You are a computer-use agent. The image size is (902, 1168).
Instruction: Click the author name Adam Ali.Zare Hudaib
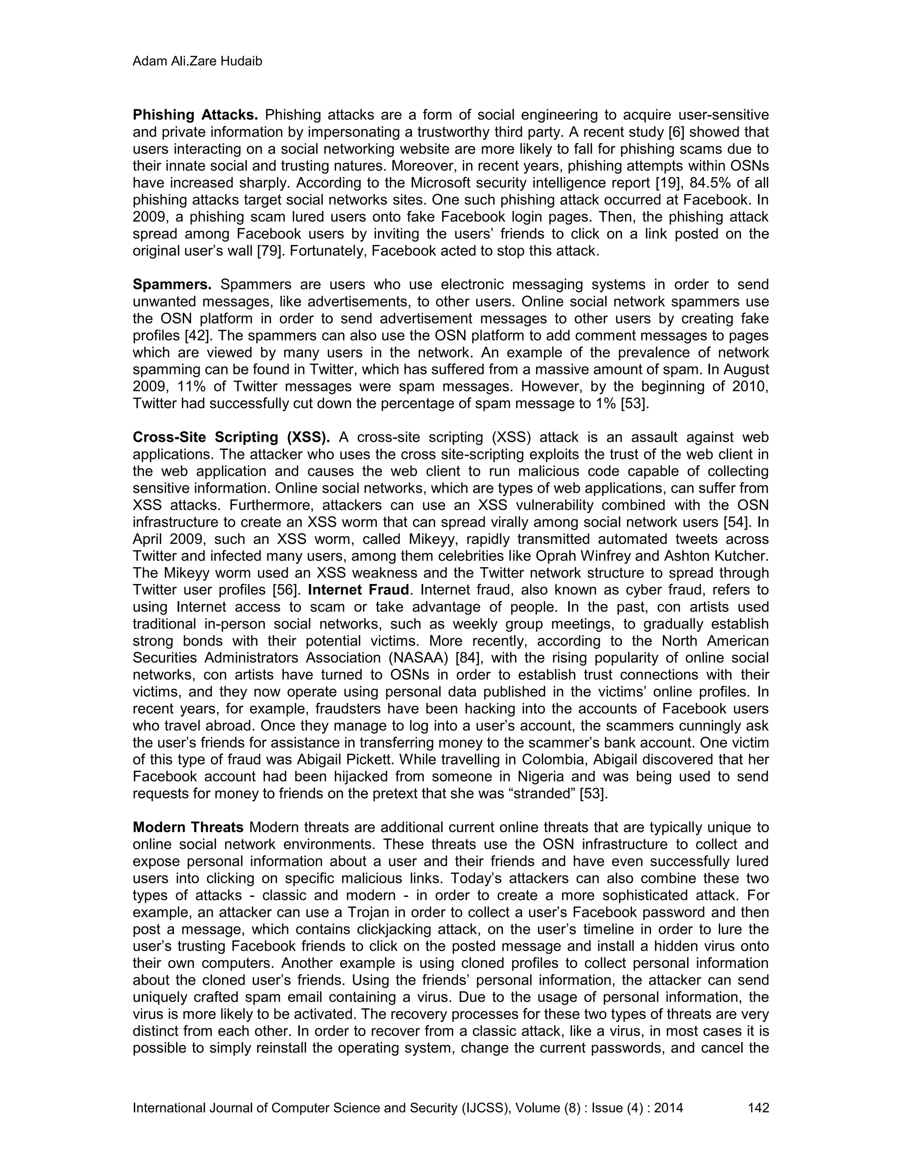197,62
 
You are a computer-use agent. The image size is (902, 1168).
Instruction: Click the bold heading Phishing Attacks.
195,115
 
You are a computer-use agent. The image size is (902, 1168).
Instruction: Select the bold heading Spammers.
172,285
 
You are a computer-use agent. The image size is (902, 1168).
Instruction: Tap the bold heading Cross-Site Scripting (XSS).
231,438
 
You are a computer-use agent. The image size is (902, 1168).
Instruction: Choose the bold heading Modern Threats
188,828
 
